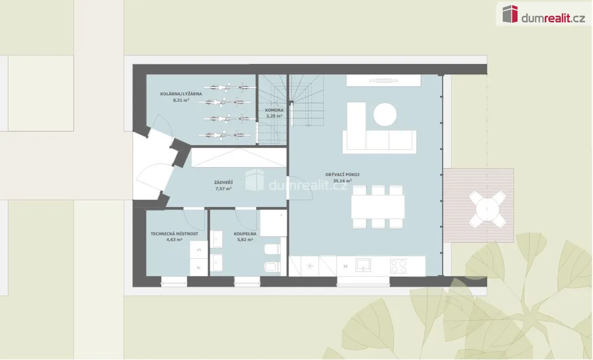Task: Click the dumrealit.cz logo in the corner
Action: point(544,14)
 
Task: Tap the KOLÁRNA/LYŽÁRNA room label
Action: point(181,94)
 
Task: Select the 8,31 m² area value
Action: point(181,100)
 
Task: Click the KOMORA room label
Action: point(274,110)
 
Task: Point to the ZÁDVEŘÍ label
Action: point(224,182)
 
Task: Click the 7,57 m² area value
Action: point(224,188)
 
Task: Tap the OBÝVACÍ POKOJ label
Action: point(342,175)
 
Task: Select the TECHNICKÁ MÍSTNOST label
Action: point(174,234)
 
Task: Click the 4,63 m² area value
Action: point(174,240)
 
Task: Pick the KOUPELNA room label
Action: point(245,234)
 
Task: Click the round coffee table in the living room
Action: point(385,114)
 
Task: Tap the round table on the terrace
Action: point(488,209)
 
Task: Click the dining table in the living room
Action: point(378,207)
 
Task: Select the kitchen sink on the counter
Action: point(363,265)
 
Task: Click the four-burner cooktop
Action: point(399,266)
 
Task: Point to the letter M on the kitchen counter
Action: point(345,267)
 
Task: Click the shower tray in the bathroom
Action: point(273,223)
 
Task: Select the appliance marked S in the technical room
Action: point(199,249)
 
